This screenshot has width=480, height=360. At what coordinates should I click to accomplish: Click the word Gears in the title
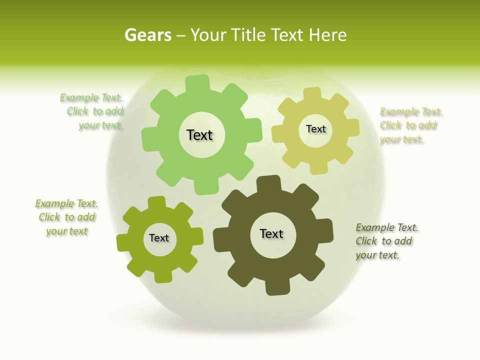tap(147, 35)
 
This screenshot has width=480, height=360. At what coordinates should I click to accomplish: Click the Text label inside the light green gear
tap(199, 135)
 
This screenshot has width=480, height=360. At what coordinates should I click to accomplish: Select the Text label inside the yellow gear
tap(315, 129)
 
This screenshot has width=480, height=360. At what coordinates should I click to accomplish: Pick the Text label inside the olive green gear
tap(159, 238)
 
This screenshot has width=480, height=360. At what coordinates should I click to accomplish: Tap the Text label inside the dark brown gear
tap(271, 234)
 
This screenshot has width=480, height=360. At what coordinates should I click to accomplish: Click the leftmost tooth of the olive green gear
tap(123, 243)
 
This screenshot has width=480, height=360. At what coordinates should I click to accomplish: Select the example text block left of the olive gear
tap(66, 217)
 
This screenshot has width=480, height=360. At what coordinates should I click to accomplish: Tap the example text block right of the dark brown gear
tap(386, 241)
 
